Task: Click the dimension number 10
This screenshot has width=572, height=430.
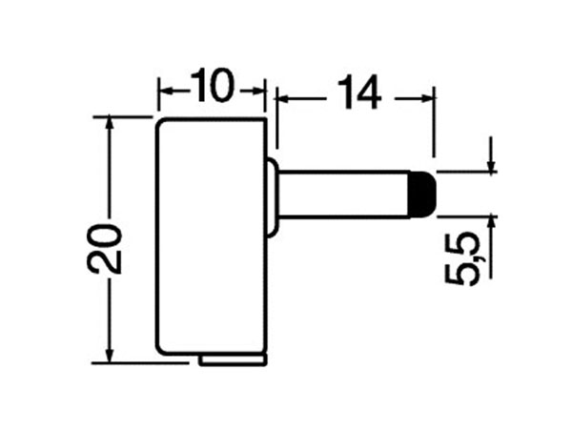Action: coord(211,87)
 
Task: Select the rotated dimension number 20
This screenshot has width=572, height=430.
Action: coord(111,250)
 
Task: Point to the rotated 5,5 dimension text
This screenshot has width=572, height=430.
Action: coord(463,259)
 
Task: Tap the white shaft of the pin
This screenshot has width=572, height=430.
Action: coord(343,194)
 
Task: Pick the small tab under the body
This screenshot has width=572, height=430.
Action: coord(234,359)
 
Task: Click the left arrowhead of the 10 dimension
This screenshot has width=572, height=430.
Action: coord(162,91)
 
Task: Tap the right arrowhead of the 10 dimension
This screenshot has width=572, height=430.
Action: coord(258,91)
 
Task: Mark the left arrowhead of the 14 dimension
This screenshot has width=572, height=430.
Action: coord(281,95)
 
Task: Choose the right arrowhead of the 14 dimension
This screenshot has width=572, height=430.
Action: coord(429,95)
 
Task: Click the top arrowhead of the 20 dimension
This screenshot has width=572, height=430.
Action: coord(112,123)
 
